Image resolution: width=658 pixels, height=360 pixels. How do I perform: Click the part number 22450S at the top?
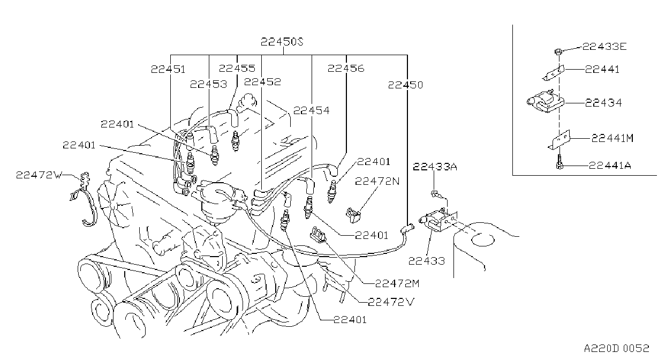282,42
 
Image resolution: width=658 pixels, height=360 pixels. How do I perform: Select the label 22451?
168,69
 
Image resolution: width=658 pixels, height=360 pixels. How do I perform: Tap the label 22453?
208,85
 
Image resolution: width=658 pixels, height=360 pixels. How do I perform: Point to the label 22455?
237,69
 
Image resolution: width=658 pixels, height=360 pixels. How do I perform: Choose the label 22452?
262,82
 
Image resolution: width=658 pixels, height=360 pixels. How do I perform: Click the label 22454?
312,110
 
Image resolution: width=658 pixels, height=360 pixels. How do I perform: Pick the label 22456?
346,69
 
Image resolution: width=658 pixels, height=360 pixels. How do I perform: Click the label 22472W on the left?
39,175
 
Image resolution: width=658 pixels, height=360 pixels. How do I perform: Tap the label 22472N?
377,181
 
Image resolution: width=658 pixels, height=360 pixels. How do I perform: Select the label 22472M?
397,283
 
